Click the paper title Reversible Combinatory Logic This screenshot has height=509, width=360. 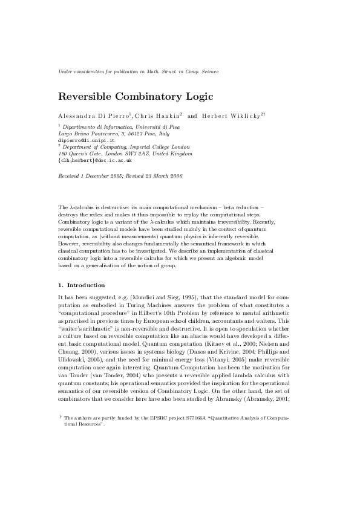pyautogui.click(x=136, y=96)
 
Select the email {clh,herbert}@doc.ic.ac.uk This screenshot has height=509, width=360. pyautogui.click(x=95, y=161)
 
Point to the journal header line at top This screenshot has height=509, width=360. pyautogui.click(x=138, y=71)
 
